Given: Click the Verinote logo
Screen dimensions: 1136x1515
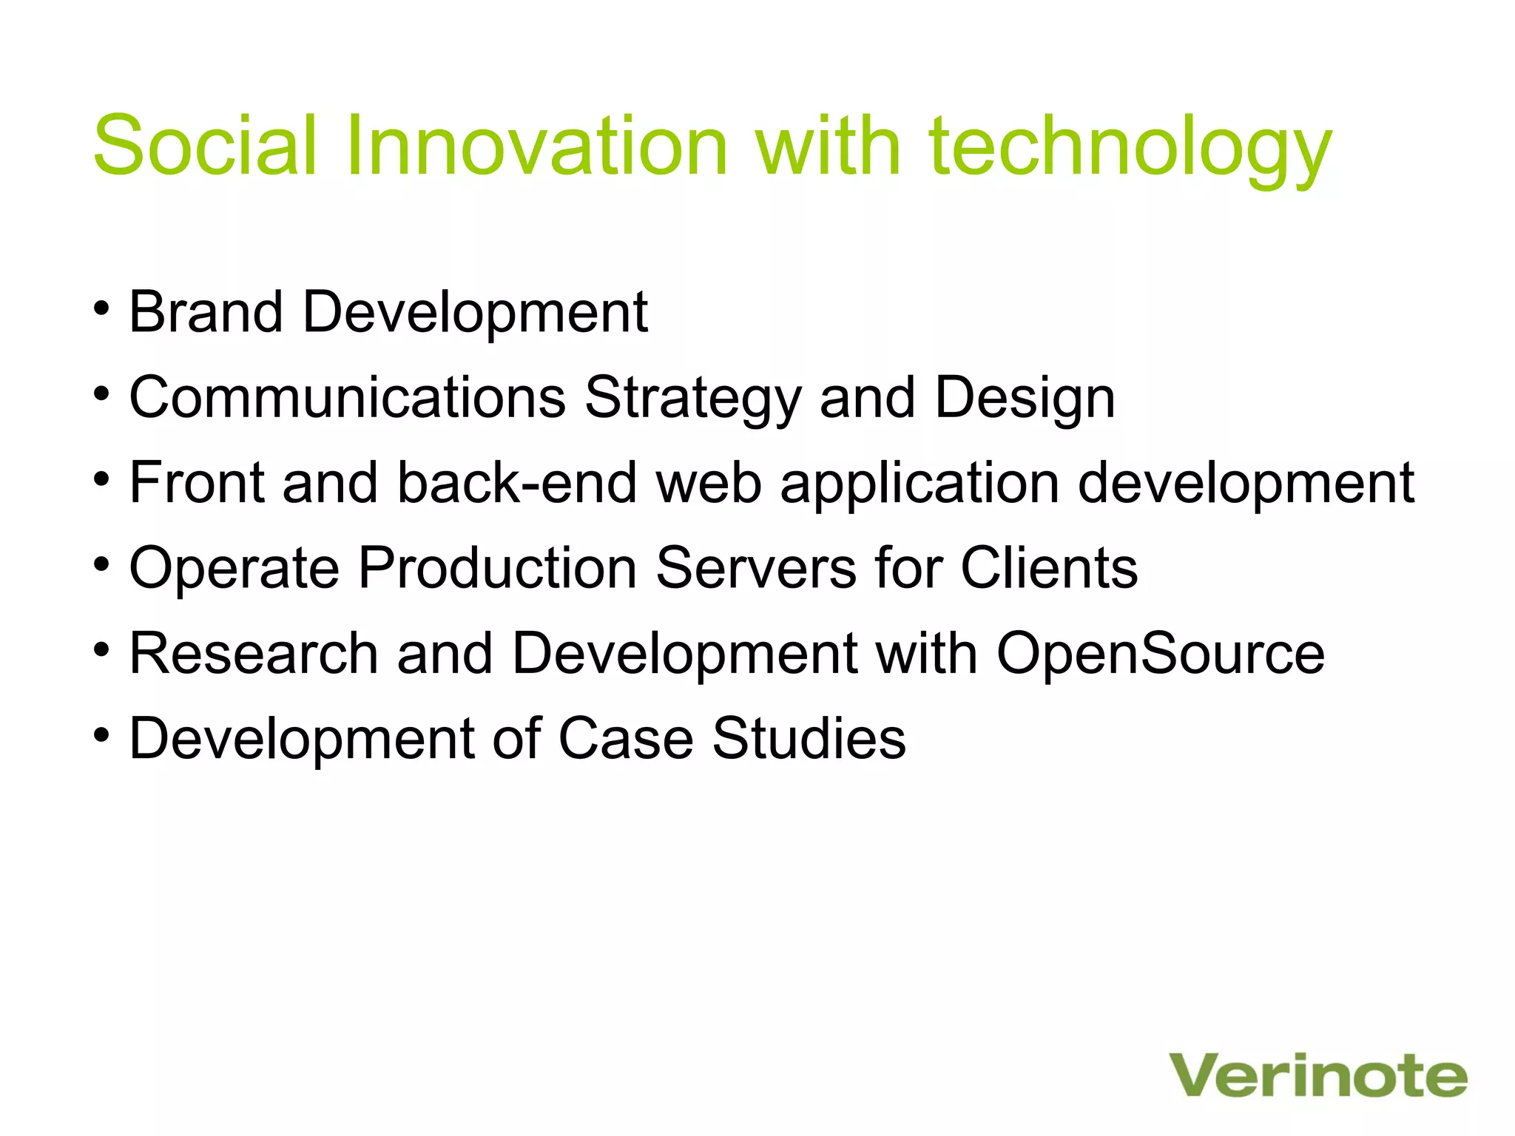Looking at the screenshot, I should pyautogui.click(x=1317, y=1076).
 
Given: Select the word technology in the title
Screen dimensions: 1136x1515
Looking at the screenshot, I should pyautogui.click(x=1130, y=148).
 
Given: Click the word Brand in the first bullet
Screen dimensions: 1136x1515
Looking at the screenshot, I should pyautogui.click(x=206, y=312).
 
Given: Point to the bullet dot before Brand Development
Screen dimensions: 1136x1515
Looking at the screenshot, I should pyautogui.click(x=102, y=308).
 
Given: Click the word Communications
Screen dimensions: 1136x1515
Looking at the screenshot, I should pyautogui.click(x=348, y=398).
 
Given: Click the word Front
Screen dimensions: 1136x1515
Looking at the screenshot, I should pyautogui.click(x=197, y=483).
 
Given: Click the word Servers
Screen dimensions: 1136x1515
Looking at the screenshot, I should pyautogui.click(x=756, y=568).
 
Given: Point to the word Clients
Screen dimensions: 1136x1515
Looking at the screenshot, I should pyautogui.click(x=1049, y=568).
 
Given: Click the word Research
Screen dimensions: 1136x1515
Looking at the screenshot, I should pyautogui.click(x=254, y=654).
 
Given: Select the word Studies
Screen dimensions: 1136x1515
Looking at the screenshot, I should pyautogui.click(x=809, y=739).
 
